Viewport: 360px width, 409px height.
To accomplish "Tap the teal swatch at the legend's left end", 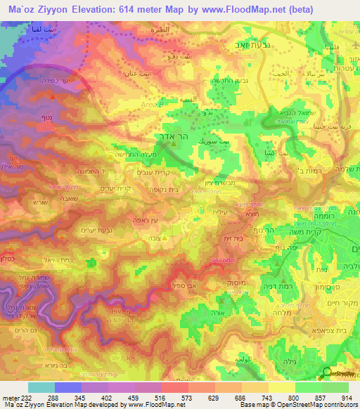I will click(x=41, y=387).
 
